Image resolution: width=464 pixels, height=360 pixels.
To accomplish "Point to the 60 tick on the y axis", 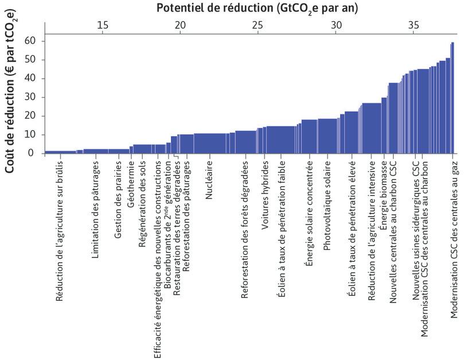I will click(30, 41).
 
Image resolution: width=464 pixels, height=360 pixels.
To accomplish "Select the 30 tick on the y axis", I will click(30, 97).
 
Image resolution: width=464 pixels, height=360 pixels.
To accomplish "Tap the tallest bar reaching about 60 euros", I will click(453, 98).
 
